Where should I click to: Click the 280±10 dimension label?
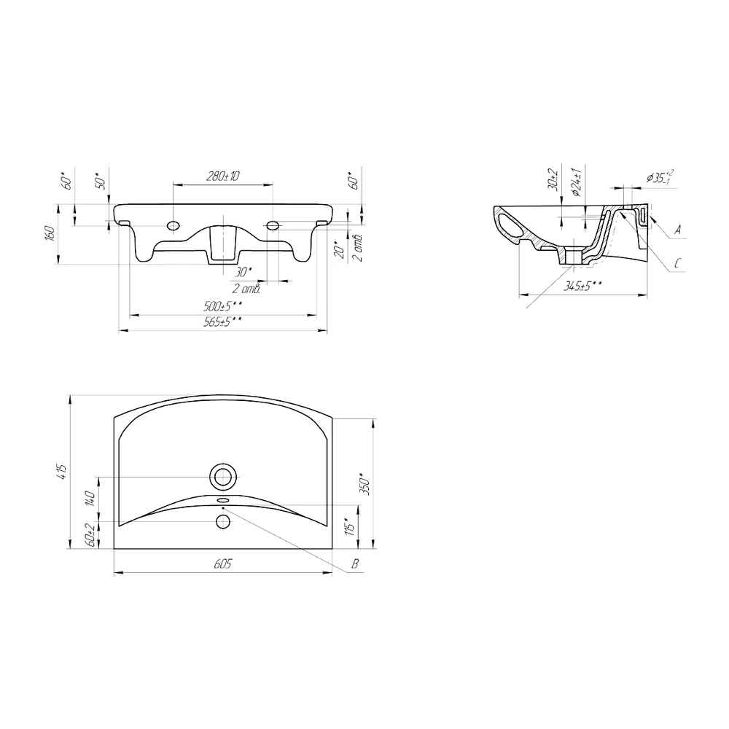pos(222,176)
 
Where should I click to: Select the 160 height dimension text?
pos(51,233)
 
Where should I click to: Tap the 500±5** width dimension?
pos(222,306)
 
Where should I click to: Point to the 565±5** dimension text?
pos(222,321)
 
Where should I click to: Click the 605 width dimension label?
pos(222,564)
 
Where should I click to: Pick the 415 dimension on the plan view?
pos(63,472)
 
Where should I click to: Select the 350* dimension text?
pos(365,485)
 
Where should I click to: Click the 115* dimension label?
pos(351,527)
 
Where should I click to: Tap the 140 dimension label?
pos(90,499)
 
